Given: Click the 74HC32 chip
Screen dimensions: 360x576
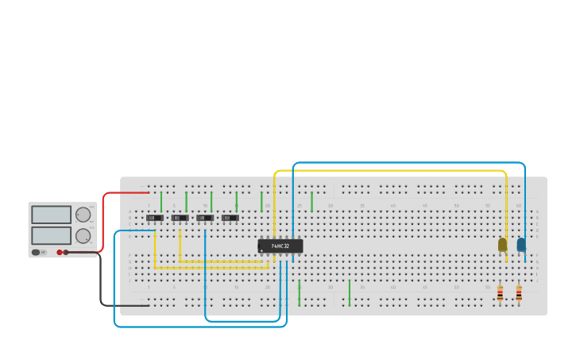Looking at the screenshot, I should click(280, 246).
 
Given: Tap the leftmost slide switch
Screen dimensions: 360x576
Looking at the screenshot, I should click(155, 218).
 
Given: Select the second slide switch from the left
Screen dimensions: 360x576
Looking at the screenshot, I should click(180, 218).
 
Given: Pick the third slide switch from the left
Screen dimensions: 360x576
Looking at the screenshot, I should click(205, 218).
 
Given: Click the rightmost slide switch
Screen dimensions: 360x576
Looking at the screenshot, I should click(230, 218).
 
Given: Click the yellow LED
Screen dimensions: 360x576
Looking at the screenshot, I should click(502, 245).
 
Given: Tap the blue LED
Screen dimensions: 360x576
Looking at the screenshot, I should click(521, 245).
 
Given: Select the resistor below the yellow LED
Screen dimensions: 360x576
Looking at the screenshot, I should click(500, 294).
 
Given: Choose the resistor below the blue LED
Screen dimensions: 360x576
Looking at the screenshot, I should click(519, 294).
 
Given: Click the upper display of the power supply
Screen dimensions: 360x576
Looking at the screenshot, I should click(52, 215).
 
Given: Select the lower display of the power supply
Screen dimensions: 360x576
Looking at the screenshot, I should click(52, 235).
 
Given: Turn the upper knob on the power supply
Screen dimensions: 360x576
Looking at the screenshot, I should click(83, 215).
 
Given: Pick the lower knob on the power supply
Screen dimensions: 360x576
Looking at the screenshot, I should click(83, 235).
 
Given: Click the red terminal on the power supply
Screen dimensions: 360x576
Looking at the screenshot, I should click(60, 252).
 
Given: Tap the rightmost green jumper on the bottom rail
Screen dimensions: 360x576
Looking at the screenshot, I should click(349, 292).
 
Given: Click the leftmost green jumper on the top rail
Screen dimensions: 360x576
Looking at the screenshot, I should click(161, 201).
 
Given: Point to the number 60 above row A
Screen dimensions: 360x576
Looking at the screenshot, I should click(519, 206).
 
